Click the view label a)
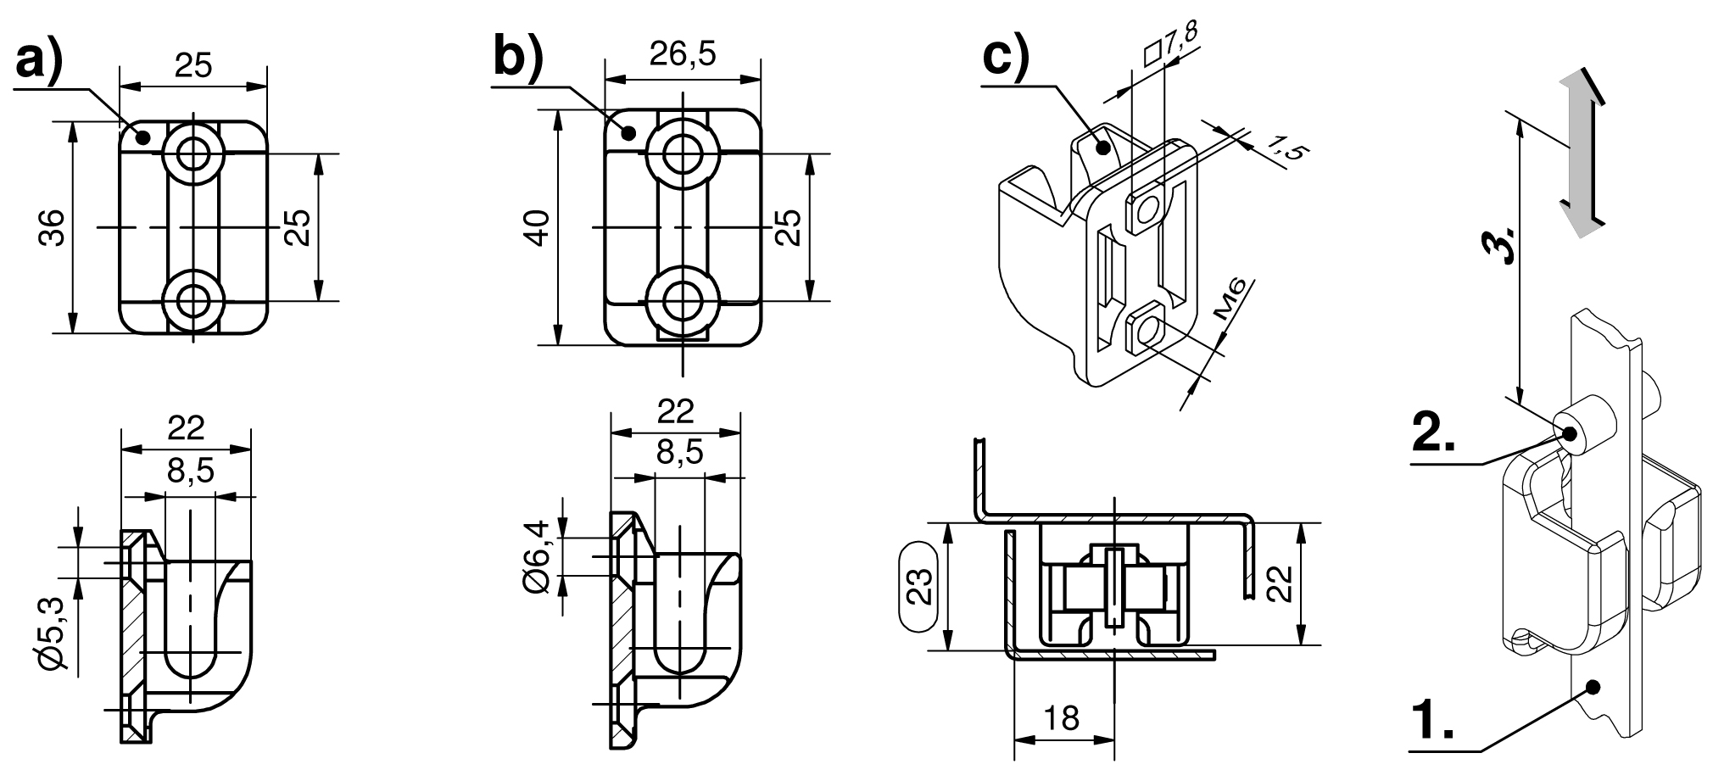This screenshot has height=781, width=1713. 39,64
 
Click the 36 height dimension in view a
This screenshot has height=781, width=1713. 53,228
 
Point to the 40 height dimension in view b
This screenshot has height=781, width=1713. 538,228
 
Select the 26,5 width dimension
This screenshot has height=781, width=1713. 683,54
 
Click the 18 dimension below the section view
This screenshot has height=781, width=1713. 1062,718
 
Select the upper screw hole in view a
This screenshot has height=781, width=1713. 195,153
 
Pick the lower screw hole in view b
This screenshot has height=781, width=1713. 683,301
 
